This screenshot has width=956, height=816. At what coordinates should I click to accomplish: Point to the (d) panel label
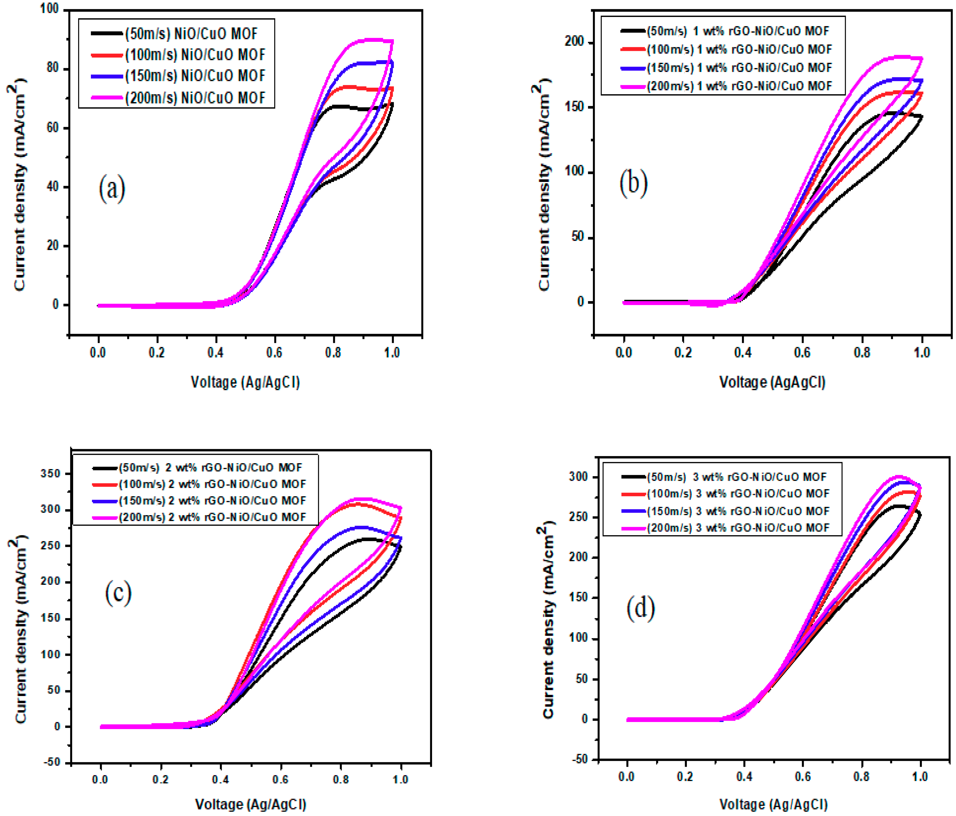click(641, 608)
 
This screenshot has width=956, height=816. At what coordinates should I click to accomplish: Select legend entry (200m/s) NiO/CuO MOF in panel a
click(195, 98)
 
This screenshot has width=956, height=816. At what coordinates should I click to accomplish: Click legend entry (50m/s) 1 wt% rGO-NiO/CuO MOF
click(737, 31)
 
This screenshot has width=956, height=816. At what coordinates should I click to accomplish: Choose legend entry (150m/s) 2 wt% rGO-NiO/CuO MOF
click(212, 501)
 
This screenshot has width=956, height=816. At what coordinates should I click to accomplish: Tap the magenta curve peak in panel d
click(898, 476)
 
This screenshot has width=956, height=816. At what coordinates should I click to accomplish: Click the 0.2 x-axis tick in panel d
click(685, 777)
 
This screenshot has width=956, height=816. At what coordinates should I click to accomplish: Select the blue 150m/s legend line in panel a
click(107, 76)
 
